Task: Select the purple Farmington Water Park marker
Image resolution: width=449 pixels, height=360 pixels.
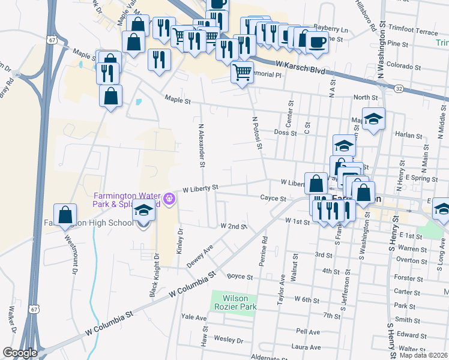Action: point(169,197)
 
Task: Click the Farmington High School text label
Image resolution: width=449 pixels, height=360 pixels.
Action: point(89,223)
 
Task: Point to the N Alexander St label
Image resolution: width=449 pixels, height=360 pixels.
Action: point(202,146)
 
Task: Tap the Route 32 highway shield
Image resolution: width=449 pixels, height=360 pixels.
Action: point(399,88)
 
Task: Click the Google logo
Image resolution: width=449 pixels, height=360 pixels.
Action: point(20,353)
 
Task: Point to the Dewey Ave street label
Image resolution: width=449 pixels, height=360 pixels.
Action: point(200,256)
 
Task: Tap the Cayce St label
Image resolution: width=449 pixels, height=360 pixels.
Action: point(273,197)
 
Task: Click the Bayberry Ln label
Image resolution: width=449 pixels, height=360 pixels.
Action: point(331,29)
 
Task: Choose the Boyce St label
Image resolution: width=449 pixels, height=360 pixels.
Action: point(240,277)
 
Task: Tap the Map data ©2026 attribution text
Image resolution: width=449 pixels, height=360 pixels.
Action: point(423,355)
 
